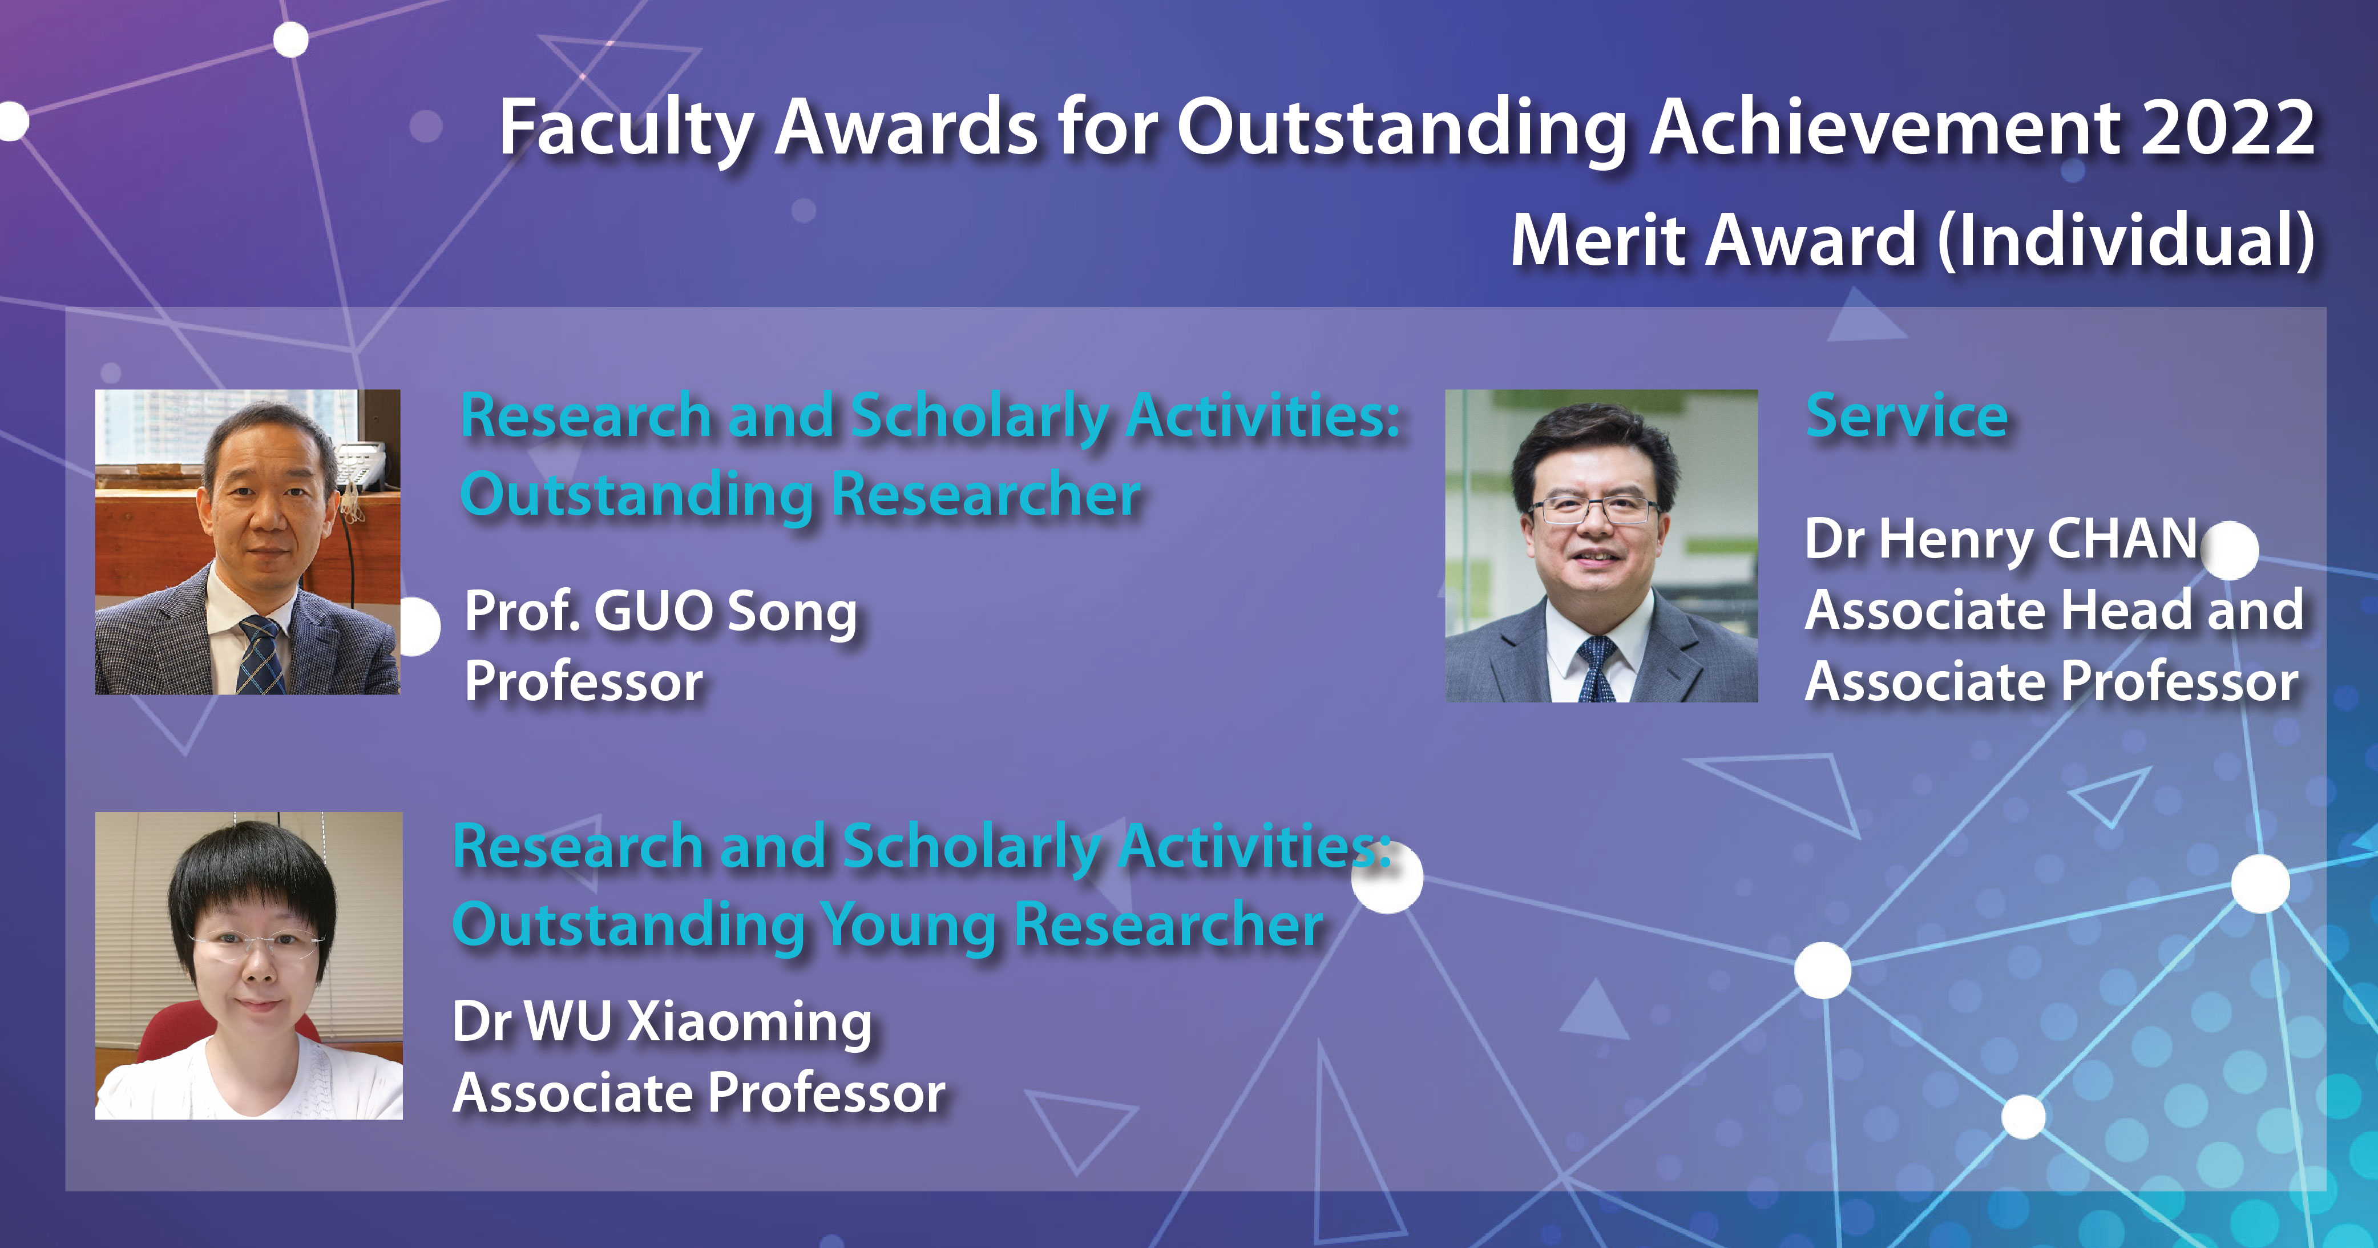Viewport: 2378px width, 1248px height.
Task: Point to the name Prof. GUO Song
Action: (x=661, y=612)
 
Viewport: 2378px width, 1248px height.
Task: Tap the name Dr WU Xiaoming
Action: (x=662, y=1023)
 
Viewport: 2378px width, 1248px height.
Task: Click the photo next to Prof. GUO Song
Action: (x=248, y=542)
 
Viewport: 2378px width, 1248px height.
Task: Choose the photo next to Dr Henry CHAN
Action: (x=1601, y=546)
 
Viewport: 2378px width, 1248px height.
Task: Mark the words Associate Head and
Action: (x=2054, y=611)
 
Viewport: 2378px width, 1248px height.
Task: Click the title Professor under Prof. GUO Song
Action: (x=583, y=683)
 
